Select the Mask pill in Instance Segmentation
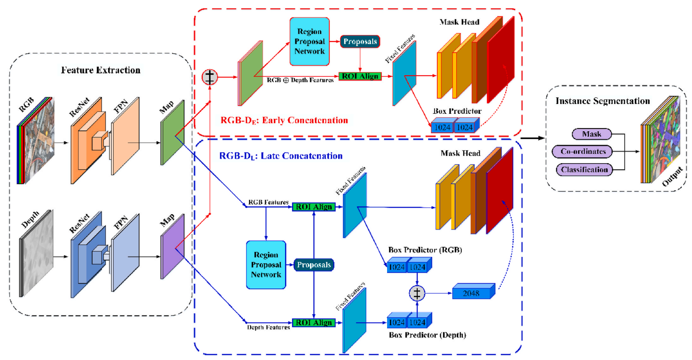591,134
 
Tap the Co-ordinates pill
583,151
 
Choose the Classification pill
584,170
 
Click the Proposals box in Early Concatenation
360,41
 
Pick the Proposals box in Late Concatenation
314,265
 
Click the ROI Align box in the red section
360,76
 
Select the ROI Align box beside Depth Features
314,322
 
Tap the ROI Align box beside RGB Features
314,207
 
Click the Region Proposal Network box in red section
309,41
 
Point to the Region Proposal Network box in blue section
266,265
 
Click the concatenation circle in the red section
210,77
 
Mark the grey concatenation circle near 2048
417,293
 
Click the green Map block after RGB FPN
172,133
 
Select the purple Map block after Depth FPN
172,247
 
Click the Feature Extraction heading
101,70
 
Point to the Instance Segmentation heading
602,101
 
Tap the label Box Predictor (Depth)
427,335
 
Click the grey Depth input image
37,254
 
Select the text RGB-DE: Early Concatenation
284,121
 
